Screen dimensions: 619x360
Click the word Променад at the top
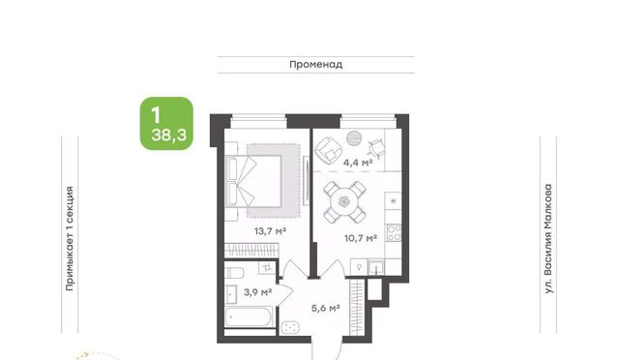316,65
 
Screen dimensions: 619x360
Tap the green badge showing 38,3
166,123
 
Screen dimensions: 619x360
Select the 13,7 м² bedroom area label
270,230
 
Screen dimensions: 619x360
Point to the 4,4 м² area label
358,162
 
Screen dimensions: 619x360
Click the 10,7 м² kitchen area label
361,238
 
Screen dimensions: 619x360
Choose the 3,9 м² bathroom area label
257,292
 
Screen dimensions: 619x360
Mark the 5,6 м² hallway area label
326,308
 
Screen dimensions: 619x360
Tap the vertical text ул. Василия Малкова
548,239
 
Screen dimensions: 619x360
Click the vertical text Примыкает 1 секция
70,239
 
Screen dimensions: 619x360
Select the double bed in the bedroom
253,181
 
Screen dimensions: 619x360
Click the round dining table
344,202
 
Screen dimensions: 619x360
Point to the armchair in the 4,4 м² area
328,150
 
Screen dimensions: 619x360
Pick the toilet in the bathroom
235,273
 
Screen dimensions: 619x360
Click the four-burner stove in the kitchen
394,233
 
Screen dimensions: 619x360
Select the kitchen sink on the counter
376,267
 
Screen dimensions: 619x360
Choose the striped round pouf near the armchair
354,138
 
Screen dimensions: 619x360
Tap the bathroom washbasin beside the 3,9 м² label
231,294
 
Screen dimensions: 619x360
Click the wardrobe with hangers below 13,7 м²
251,250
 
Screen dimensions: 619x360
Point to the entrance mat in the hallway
290,327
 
